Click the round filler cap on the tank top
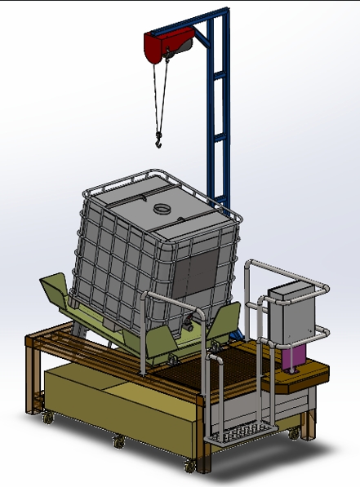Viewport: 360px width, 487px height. pos(164,207)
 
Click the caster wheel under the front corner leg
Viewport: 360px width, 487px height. pos(191,466)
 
